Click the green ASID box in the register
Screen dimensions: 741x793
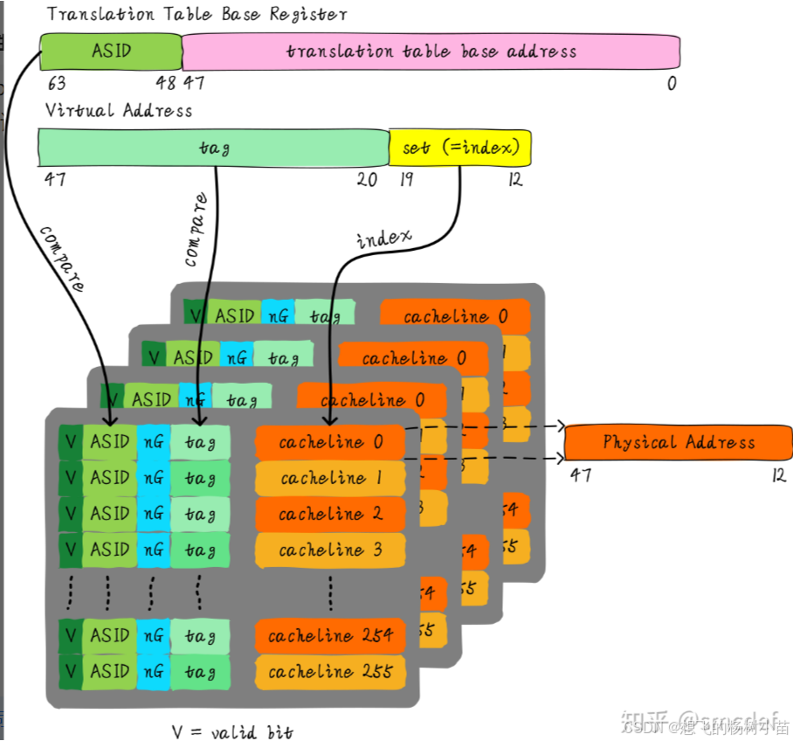click(x=111, y=52)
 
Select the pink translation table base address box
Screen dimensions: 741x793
click(x=431, y=52)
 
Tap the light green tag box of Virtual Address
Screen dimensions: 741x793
click(x=214, y=148)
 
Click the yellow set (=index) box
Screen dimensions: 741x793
click(x=460, y=148)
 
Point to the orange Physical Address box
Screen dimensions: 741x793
click(x=678, y=442)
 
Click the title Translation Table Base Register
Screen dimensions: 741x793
click(x=197, y=14)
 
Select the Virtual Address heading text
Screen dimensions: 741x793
click(x=118, y=110)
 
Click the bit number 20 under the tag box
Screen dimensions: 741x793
click(x=367, y=179)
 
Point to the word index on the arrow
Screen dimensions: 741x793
click(x=383, y=238)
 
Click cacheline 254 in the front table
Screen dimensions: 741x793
click(x=330, y=636)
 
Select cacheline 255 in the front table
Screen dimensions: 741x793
click(x=330, y=672)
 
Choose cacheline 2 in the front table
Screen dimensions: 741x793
click(x=330, y=514)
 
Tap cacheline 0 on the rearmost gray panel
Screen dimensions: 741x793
click(x=454, y=316)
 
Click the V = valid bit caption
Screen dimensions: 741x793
click(x=231, y=731)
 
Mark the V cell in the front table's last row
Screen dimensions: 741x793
click(x=71, y=672)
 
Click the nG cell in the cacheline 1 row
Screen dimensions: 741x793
click(x=153, y=478)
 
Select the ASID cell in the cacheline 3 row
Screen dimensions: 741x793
click(x=110, y=550)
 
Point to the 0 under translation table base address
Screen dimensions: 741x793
click(x=672, y=84)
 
